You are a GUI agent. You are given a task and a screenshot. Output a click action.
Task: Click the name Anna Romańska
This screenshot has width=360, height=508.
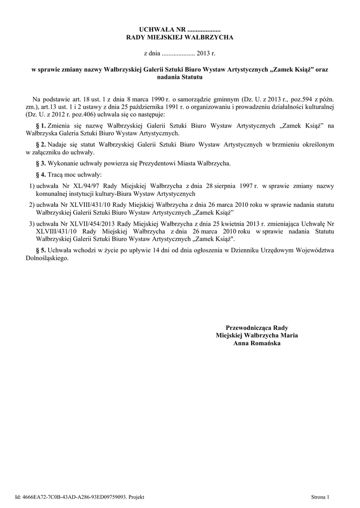pos(257,343)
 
